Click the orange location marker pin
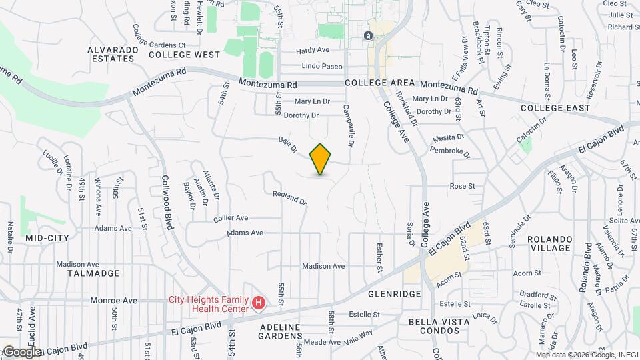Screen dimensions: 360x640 [321, 159]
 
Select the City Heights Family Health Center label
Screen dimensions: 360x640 [209, 303]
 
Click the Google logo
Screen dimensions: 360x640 [21, 351]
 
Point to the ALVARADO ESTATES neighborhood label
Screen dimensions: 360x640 [111, 54]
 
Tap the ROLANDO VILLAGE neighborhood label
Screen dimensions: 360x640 [549, 243]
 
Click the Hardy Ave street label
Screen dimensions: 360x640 [313, 50]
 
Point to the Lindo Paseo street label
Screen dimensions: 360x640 [322, 67]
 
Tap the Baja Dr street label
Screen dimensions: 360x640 [288, 144]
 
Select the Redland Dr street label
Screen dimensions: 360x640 [290, 197]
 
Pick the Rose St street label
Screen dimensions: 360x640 [462, 186]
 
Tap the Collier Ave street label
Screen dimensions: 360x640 [231, 218]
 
